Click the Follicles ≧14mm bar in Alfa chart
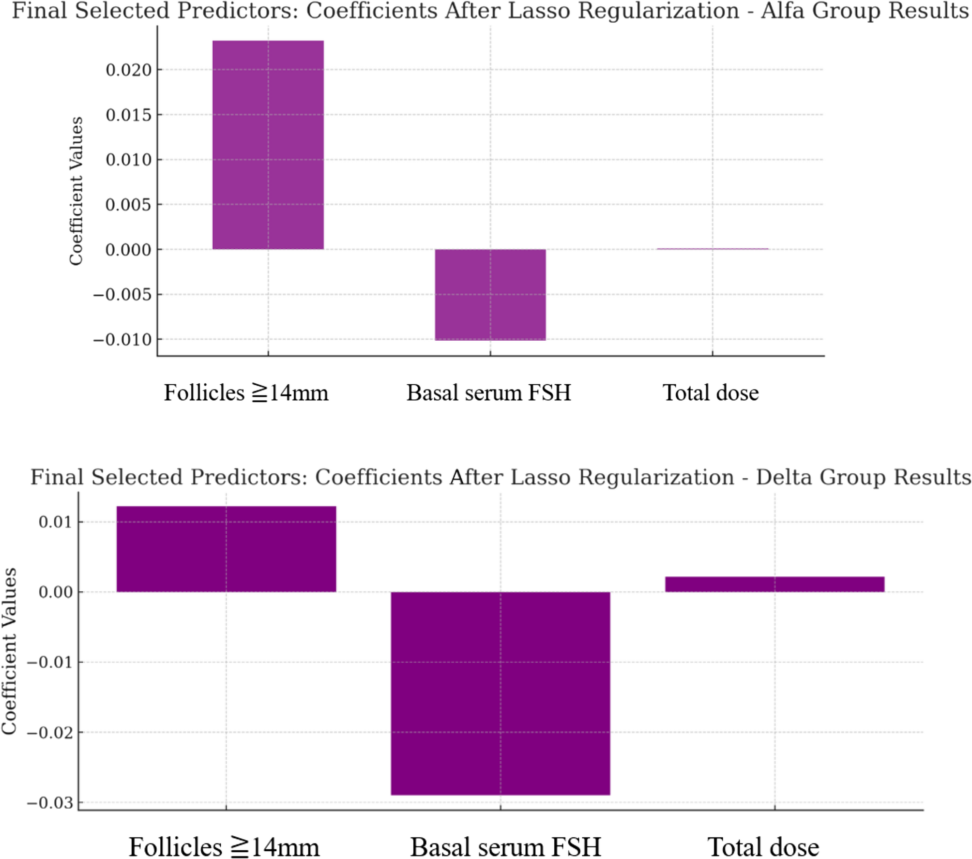268,145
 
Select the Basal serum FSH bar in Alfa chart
490,294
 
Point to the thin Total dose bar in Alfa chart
712,249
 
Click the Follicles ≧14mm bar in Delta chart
226,549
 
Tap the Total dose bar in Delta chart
775,584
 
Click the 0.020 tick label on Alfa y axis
128,70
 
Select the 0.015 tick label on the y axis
128,115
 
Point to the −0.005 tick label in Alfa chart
122,295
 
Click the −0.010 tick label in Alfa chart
122,340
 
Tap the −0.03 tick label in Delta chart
49,803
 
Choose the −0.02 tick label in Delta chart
49,733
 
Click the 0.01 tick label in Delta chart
55,522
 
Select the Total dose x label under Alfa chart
710,392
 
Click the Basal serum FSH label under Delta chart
505,847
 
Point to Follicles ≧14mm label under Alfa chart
246,392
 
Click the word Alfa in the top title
783,11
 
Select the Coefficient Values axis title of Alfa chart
76,191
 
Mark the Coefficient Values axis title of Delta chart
9,651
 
